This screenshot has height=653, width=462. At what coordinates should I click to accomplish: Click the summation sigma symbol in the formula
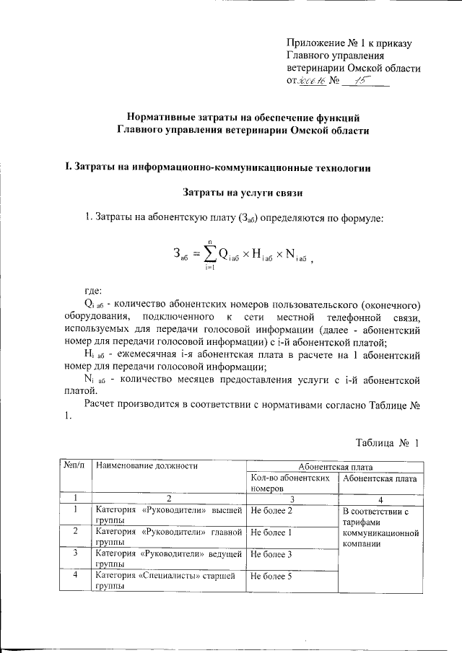[210, 253]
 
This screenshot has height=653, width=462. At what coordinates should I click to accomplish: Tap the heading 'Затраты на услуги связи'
[242, 193]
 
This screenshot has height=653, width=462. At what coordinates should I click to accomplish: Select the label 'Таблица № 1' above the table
[388, 442]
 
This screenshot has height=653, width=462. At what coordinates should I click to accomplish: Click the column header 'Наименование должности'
[147, 466]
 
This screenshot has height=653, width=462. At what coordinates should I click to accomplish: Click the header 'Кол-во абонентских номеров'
[291, 483]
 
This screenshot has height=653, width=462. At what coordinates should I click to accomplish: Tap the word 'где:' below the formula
[95, 290]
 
